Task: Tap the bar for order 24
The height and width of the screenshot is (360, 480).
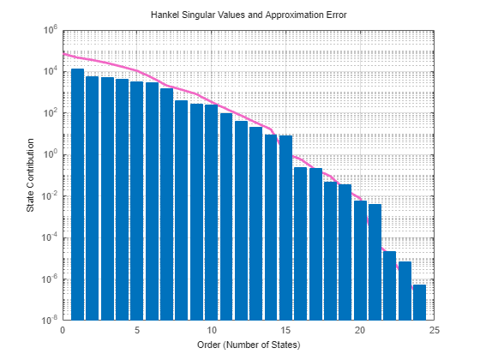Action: click(x=419, y=303)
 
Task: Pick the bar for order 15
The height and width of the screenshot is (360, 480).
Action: click(x=285, y=227)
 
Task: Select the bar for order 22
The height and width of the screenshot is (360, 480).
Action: click(x=390, y=285)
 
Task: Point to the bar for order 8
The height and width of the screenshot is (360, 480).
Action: click(x=182, y=210)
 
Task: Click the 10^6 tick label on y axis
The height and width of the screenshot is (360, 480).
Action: click(x=50, y=30)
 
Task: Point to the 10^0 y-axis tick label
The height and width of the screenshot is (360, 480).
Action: click(x=50, y=154)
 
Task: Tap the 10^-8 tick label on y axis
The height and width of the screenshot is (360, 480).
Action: click(x=49, y=321)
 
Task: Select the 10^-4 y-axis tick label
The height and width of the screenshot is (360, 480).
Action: click(x=49, y=237)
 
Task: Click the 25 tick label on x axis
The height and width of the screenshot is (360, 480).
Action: click(x=435, y=329)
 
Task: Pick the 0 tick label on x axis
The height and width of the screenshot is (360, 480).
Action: click(x=63, y=329)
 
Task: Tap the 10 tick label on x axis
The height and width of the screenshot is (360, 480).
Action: click(x=211, y=329)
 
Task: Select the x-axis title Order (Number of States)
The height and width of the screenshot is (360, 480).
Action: click(x=249, y=345)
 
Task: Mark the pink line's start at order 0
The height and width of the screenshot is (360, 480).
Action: click(x=63, y=52)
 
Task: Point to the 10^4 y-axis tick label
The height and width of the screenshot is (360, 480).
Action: click(x=50, y=71)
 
